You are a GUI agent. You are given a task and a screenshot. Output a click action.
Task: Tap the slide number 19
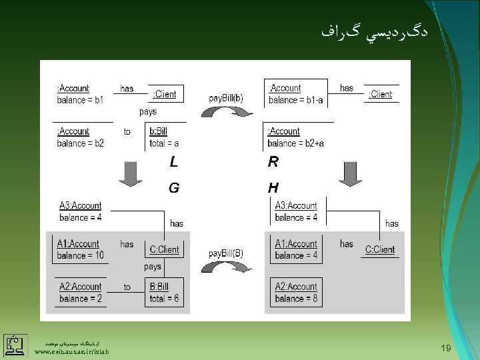447,347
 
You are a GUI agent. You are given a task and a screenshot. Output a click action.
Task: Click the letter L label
173,162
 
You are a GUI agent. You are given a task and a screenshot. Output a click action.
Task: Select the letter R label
273,162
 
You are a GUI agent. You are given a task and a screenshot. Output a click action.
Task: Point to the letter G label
173,188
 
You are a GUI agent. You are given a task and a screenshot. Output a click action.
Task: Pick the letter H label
273,188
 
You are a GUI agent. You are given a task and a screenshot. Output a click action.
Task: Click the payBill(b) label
226,98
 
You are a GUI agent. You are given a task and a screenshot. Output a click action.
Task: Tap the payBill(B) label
226,253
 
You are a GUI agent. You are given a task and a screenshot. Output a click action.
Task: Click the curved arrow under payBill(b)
227,113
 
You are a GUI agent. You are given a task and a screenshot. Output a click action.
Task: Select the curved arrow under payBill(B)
227,268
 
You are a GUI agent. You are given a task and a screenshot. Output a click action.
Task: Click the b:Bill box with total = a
164,137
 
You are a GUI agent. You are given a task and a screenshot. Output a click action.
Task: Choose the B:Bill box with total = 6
164,293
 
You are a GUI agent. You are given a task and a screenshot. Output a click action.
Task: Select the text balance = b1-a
296,101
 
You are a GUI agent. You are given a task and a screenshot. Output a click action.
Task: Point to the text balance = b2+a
296,143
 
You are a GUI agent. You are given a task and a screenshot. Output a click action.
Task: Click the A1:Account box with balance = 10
80,249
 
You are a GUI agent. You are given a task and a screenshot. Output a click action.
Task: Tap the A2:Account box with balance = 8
296,293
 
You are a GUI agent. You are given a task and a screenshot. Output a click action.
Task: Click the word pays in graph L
148,112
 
